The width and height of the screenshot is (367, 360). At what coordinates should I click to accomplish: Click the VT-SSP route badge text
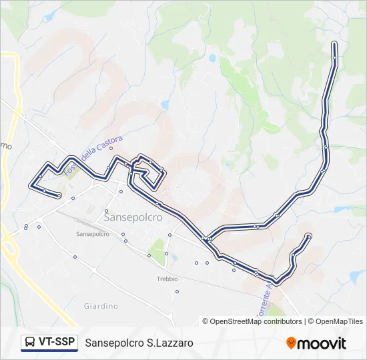pos(56,342)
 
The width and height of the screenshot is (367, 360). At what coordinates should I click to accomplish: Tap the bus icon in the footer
pos(30,343)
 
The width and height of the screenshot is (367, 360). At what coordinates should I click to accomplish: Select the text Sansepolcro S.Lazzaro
pos(139,343)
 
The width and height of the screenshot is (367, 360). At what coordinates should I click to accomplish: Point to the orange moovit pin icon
pos(291,343)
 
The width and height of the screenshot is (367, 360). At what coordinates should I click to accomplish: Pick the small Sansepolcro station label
pos(93,234)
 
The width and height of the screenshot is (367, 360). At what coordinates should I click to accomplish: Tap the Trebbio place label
pos(167,279)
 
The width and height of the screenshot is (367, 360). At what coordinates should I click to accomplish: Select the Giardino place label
pos(101,306)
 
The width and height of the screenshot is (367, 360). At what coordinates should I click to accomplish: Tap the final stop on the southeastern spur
pos(308,235)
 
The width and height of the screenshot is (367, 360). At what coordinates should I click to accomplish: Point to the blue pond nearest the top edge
pos(212,58)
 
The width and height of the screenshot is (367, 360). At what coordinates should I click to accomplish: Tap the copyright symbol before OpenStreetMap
pos(206,321)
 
